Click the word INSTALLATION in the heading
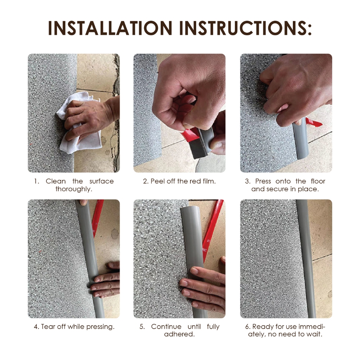110,28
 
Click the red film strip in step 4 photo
97,218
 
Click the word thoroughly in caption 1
74,189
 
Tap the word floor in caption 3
318,181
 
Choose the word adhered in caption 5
179,334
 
